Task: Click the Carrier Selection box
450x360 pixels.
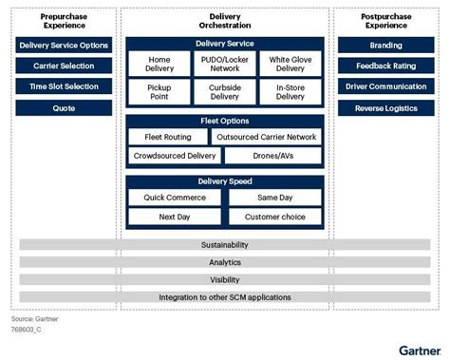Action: (x=64, y=66)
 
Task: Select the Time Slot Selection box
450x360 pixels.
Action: (x=64, y=86)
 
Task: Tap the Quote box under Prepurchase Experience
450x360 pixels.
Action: (x=64, y=107)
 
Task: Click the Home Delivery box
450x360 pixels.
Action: (x=159, y=65)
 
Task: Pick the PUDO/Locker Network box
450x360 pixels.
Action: (x=224, y=65)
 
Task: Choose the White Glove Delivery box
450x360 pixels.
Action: (x=290, y=65)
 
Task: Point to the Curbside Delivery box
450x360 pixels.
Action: (x=224, y=91)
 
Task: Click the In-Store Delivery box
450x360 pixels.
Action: (x=290, y=91)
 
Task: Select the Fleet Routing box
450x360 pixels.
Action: (x=167, y=137)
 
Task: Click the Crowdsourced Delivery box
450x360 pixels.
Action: (x=176, y=154)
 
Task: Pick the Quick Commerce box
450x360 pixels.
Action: (x=176, y=198)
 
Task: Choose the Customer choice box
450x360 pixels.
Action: (x=274, y=217)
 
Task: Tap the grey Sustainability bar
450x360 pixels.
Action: (x=224, y=246)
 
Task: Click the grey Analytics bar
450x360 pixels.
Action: (x=224, y=263)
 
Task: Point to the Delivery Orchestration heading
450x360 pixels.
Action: (x=224, y=21)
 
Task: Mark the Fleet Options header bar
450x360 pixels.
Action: (x=224, y=121)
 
